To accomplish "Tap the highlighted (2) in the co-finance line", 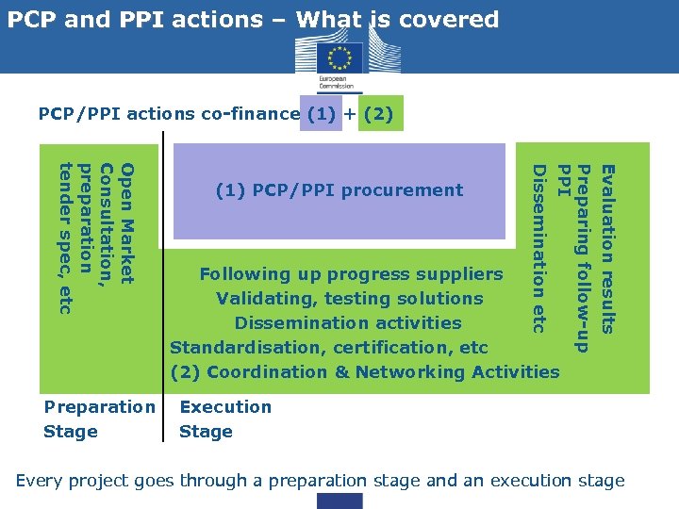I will (x=381, y=114).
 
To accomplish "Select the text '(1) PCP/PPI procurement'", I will (x=339, y=190).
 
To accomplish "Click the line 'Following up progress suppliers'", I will (x=351, y=274).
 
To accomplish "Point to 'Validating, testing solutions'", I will (x=350, y=299).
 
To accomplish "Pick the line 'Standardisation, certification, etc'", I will (x=328, y=348).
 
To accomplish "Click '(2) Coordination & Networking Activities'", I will (x=364, y=372).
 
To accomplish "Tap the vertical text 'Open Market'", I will (x=128, y=222).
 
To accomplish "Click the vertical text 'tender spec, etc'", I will (x=65, y=238).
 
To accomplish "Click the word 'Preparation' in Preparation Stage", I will (x=99, y=407).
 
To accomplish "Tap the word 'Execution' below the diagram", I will (x=225, y=407).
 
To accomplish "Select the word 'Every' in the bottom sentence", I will (x=41, y=481).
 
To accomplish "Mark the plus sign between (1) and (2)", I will (x=350, y=114).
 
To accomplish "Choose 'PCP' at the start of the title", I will (x=29, y=19).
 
